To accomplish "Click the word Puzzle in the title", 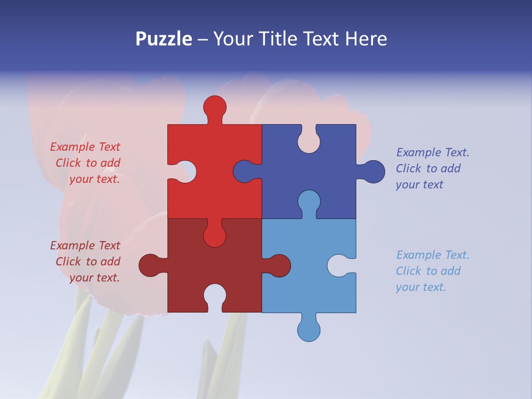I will [164, 39].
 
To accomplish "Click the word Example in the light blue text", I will [417, 255].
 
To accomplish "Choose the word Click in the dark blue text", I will [409, 168].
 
